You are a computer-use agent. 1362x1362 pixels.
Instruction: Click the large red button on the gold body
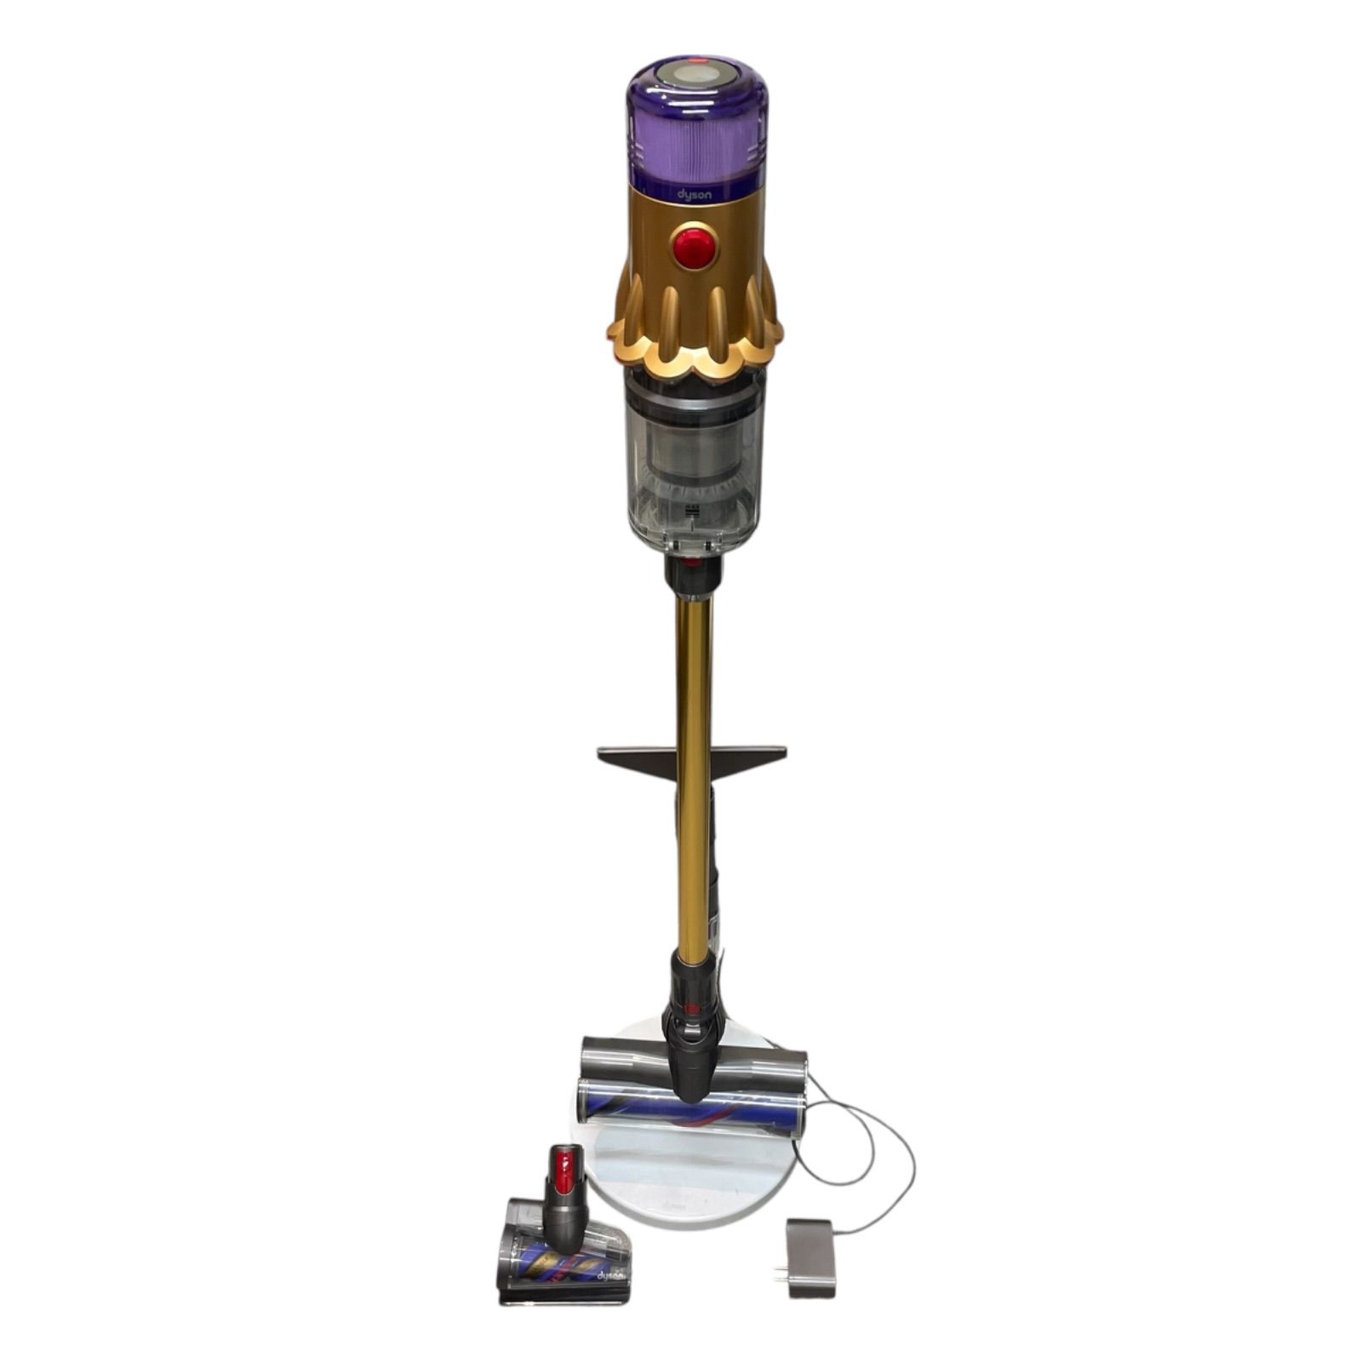tap(693, 246)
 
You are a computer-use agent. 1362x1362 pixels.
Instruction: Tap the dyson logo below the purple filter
tap(694, 195)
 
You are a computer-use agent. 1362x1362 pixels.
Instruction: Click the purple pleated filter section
tap(695, 141)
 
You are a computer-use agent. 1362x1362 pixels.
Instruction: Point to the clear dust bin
tap(694, 464)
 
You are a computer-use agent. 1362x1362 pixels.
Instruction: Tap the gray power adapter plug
tap(810, 1246)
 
